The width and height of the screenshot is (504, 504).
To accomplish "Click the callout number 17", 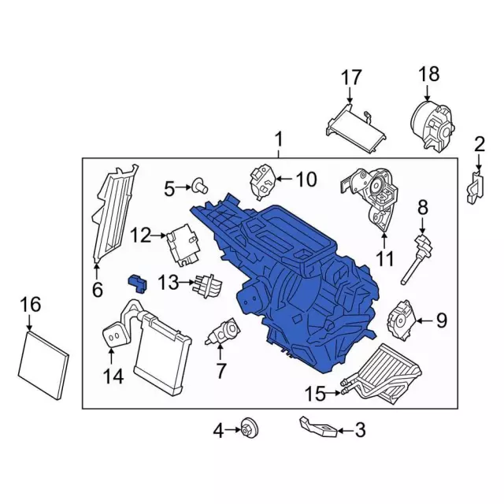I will pyautogui.click(x=350, y=78).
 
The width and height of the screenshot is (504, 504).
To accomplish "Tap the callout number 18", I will pyautogui.click(x=428, y=75).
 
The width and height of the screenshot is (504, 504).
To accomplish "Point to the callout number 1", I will pyautogui.click(x=278, y=140).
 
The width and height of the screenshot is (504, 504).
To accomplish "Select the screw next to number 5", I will pyautogui.click(x=200, y=187).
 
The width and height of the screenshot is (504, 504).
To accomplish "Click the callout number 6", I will pyautogui.click(x=97, y=290).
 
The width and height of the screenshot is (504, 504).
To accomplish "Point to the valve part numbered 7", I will pyautogui.click(x=223, y=332).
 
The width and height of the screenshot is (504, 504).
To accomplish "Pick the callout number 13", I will pyautogui.click(x=169, y=281).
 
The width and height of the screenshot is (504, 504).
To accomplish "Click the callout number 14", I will pyautogui.click(x=113, y=376).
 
